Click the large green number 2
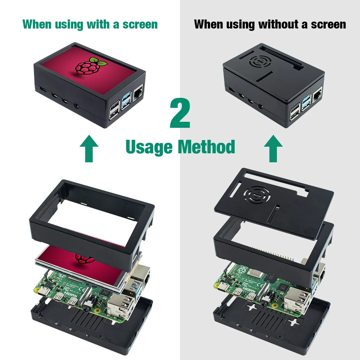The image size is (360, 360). pos(180,113)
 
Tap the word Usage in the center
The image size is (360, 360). pos(149,147)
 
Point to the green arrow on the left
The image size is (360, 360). pos(89,148)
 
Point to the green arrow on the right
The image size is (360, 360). pos(273,148)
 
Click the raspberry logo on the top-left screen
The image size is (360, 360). pos(87,65)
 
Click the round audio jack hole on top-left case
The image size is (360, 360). pos(77,106)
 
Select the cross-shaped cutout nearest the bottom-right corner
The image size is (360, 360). pos(293,322)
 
